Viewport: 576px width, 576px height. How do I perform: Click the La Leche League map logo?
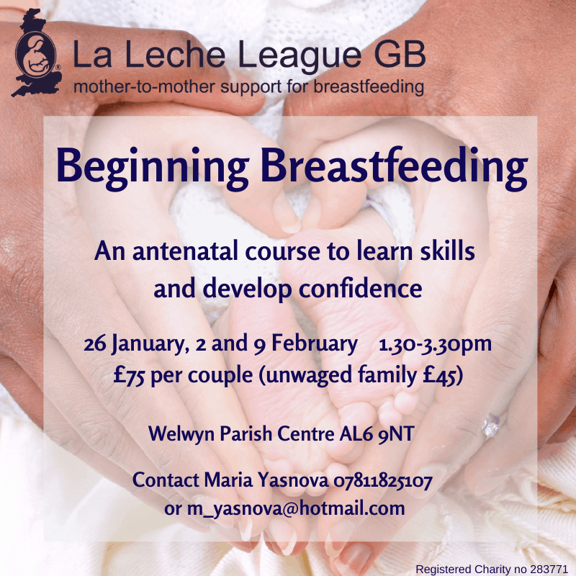pyautogui.click(x=37, y=53)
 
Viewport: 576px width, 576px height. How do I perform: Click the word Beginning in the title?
pyautogui.click(x=153, y=168)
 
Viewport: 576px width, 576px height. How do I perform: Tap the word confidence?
pyautogui.click(x=361, y=288)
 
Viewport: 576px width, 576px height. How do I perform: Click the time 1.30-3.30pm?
pyautogui.click(x=435, y=345)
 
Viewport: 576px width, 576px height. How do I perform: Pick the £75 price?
pyautogui.click(x=129, y=375)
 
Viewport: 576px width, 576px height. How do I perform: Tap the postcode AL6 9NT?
pyautogui.click(x=377, y=433)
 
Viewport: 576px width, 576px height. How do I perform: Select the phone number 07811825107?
pyautogui.click(x=383, y=480)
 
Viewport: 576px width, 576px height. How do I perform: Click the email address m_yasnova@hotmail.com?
pyautogui.click(x=296, y=509)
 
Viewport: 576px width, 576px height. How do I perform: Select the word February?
pyautogui.click(x=315, y=345)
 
